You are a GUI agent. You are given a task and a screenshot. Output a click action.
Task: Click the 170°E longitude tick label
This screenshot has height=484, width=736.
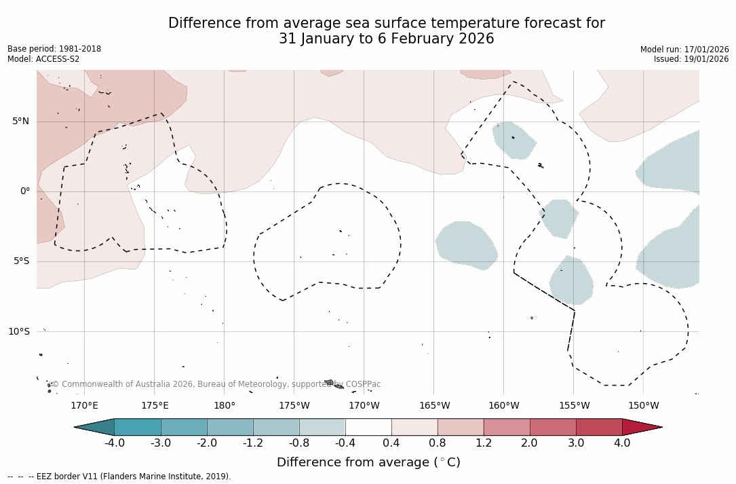coord(84,406)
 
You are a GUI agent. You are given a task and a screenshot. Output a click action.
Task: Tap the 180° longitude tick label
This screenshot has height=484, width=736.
coord(225,406)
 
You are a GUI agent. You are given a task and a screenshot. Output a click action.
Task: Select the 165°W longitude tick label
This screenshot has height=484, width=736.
coord(434,406)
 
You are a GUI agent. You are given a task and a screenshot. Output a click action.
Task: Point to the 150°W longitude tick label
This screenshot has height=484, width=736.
coord(643,406)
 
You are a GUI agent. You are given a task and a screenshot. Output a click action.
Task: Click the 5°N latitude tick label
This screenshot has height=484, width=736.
coord(20,122)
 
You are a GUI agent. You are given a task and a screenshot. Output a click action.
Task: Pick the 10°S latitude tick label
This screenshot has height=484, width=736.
coord(18,331)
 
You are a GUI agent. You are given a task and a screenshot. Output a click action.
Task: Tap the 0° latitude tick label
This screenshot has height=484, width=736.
coord(24,191)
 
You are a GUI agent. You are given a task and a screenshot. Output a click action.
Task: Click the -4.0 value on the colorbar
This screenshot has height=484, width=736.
coord(114,443)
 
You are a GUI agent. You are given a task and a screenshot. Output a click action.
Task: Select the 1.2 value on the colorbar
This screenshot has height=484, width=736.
coord(483,443)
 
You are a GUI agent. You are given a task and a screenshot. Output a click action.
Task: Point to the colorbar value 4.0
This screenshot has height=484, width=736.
coord(622,443)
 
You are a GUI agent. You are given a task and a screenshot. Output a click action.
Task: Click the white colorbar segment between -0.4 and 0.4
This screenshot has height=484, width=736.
coord(368,427)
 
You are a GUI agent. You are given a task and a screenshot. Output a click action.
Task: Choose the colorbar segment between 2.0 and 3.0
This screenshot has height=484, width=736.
coord(553,427)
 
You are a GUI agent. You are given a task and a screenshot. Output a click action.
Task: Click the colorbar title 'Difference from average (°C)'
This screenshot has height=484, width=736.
coord(368,462)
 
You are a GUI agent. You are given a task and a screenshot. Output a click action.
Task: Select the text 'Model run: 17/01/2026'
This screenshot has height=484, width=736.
coord(684,50)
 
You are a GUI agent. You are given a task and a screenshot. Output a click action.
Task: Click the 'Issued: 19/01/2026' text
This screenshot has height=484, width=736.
coord(691,59)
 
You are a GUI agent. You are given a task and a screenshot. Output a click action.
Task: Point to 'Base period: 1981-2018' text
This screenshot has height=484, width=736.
coord(54,50)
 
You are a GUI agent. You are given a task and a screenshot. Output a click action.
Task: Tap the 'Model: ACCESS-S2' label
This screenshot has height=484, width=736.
coord(43,59)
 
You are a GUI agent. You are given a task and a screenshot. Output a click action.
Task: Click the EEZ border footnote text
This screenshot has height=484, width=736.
coord(119,477)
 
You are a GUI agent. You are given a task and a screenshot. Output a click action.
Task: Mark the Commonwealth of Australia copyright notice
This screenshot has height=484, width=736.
coord(216,384)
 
